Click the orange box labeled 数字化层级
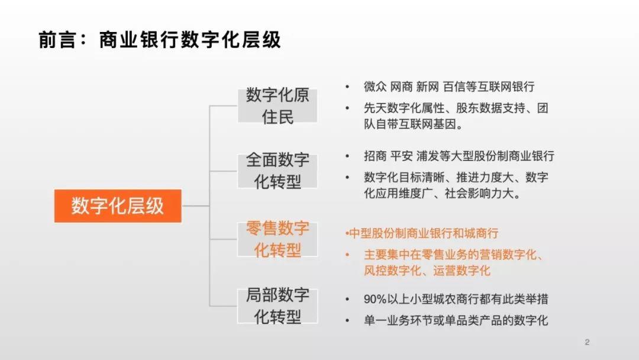[118, 206]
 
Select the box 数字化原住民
[277, 106]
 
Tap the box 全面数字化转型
[277, 171]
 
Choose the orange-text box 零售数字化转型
[277, 239]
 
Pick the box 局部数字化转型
[277, 306]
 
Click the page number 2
[587, 342]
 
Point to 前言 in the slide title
[57, 40]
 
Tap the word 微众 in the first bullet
[375, 87]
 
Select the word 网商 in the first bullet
[401, 87]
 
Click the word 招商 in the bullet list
[375, 156]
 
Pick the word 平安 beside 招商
[401, 156]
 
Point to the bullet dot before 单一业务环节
[347, 320]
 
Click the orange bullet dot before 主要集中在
[347, 255]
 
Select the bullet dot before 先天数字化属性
[347, 108]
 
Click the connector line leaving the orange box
[196, 206]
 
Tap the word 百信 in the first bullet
[454, 87]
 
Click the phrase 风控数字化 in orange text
[392, 271]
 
